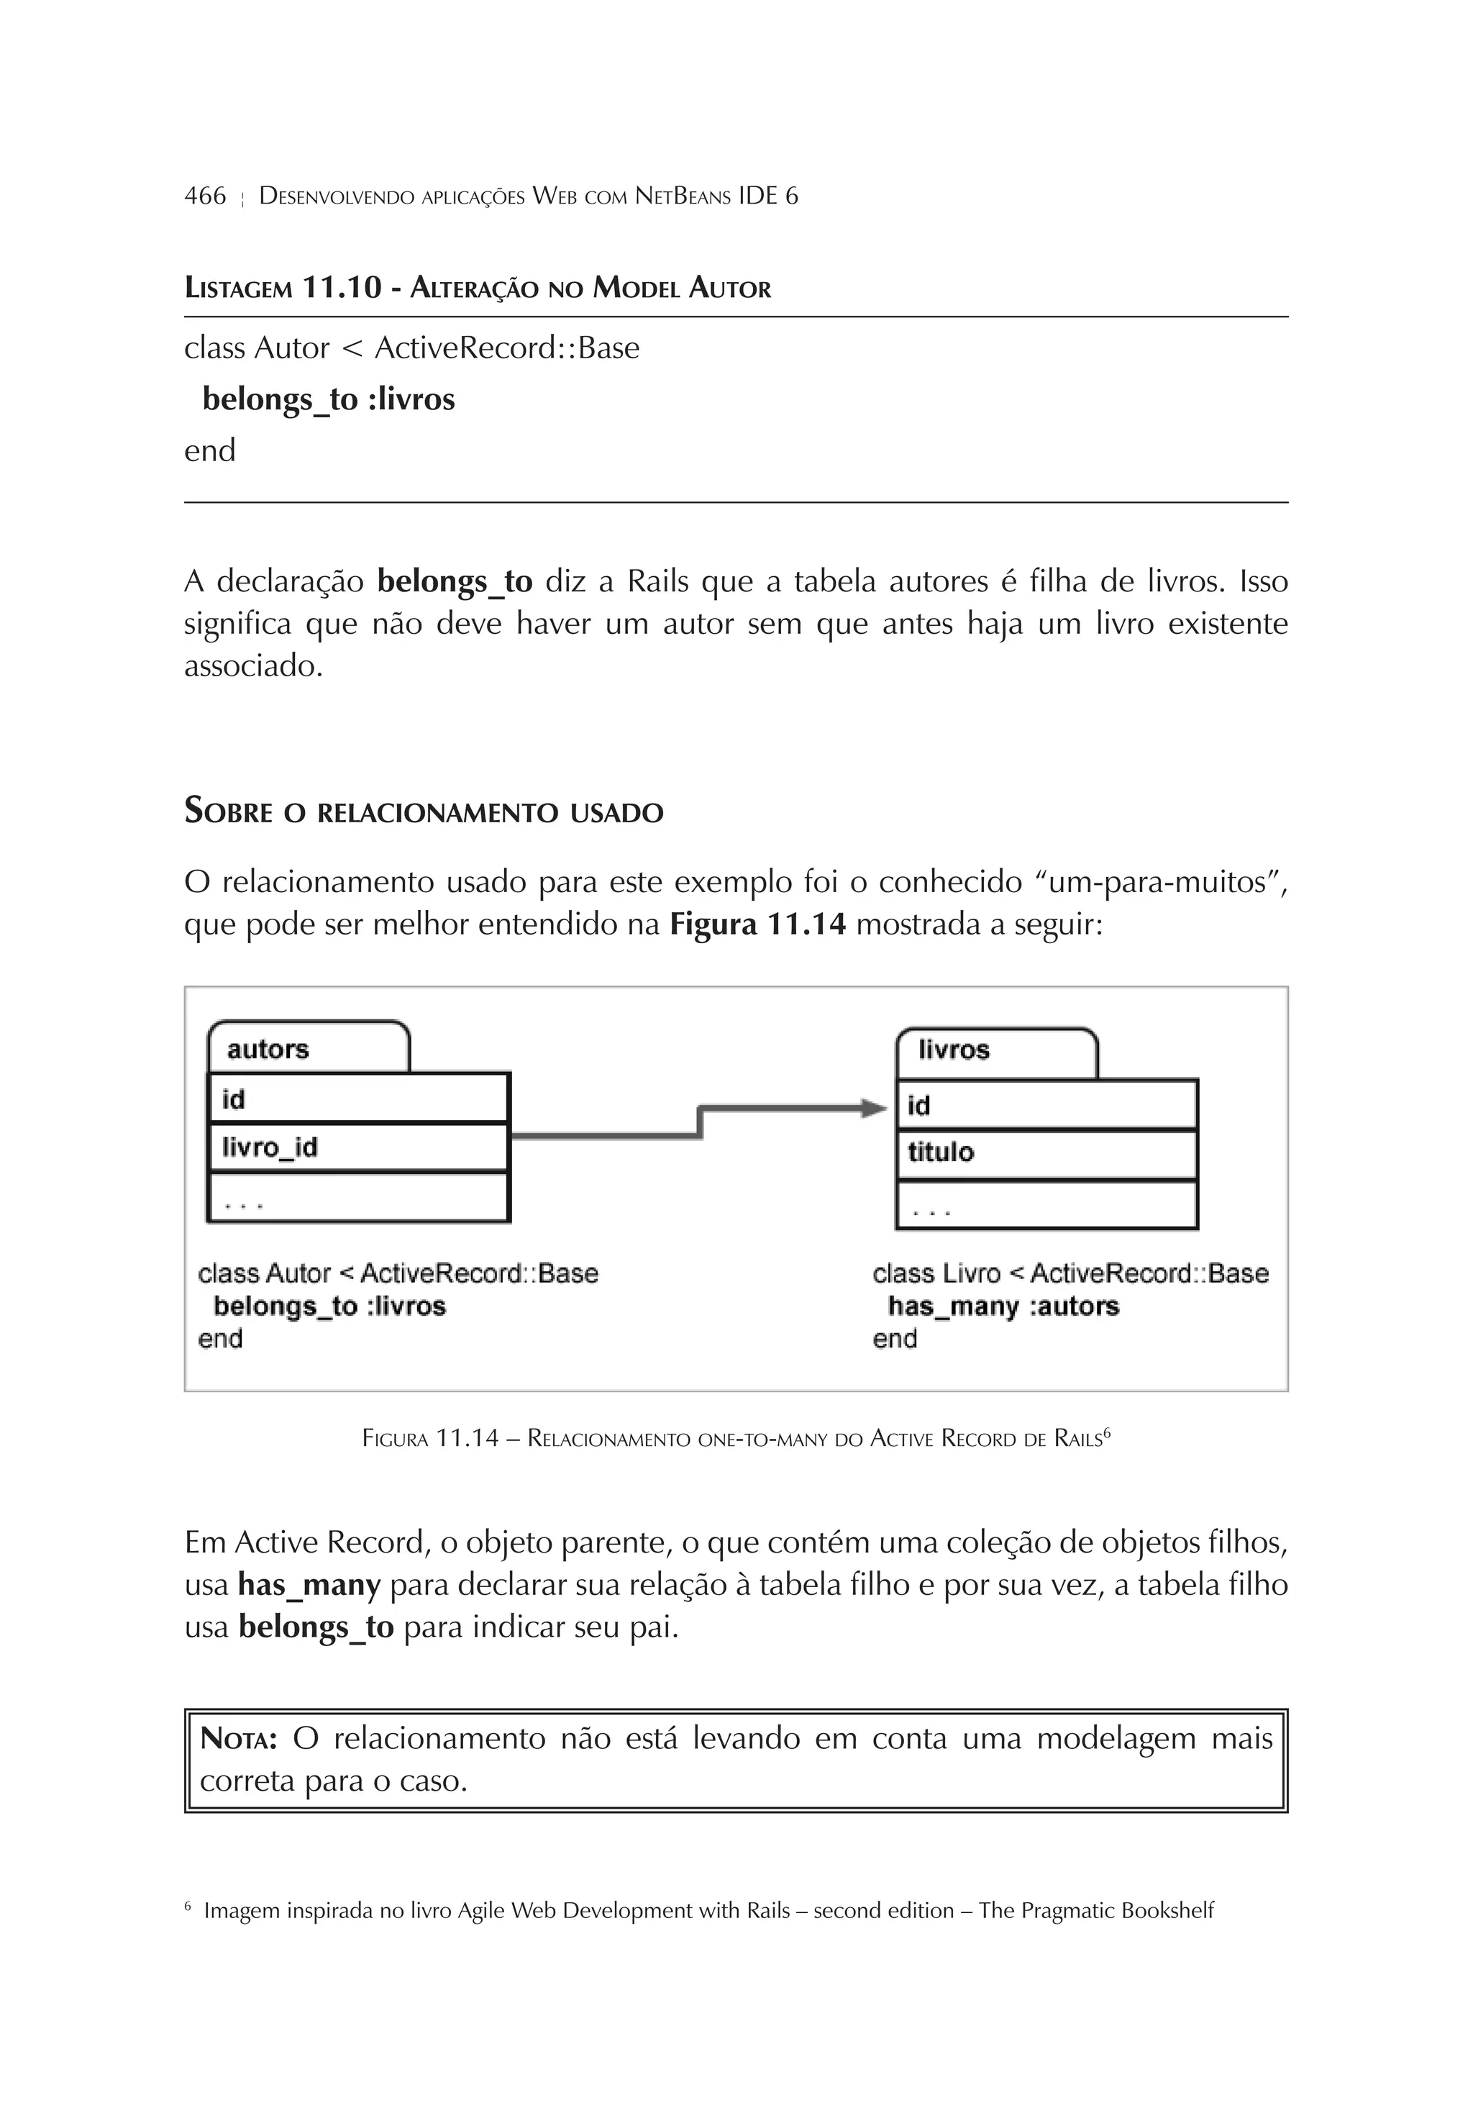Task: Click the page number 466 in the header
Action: pos(205,196)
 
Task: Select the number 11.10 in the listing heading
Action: pos(341,288)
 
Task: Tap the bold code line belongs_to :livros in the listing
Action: pos(329,399)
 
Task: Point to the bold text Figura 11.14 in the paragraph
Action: pos(757,924)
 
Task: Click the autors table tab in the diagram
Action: pos(268,1049)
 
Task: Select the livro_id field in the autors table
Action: pos(269,1147)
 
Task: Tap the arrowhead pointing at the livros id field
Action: pos(875,1108)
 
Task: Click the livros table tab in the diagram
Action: pos(954,1050)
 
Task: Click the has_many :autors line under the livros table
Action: pos(1003,1306)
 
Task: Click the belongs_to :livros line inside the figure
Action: pos(329,1306)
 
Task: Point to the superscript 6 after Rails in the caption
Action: pos(1107,1432)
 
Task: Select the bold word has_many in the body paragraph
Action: pos(309,1586)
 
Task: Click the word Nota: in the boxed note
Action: pos(239,1740)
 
